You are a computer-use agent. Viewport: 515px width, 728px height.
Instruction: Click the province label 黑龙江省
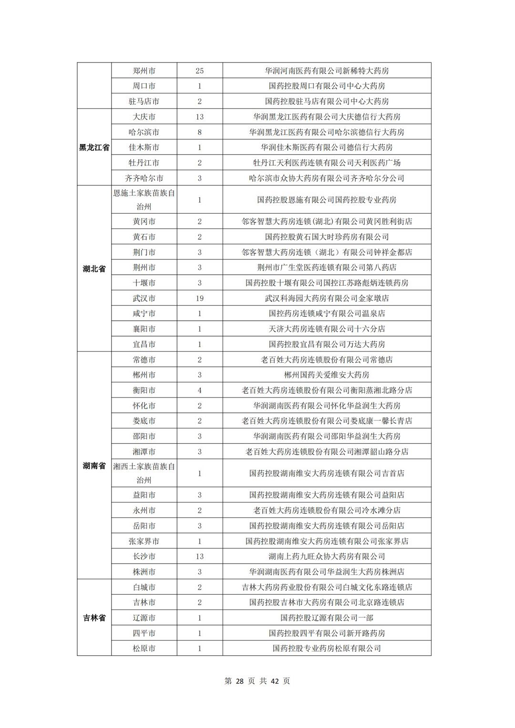[94, 147]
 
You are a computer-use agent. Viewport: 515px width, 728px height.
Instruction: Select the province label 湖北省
[94, 269]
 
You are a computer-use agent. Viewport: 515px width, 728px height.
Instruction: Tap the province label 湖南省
[94, 466]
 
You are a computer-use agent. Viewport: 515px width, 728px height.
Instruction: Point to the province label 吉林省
[94, 618]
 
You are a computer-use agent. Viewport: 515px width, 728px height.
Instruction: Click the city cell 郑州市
[144, 71]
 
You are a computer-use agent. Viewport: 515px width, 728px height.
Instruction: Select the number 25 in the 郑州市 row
[199, 71]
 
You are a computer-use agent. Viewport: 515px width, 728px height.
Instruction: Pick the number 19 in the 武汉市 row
[199, 298]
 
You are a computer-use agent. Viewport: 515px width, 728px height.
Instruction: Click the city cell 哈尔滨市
[144, 132]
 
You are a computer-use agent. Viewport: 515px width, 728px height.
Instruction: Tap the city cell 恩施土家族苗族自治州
[144, 200]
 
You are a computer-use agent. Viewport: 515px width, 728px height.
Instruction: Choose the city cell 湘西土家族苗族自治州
[144, 473]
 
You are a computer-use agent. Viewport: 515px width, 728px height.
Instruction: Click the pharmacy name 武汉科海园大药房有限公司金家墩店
[327, 298]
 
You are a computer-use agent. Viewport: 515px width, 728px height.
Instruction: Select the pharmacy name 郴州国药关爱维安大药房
[327, 375]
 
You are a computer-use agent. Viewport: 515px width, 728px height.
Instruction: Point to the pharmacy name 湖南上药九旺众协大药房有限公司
[327, 556]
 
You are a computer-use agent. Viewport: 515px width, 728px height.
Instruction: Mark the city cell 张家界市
[144, 541]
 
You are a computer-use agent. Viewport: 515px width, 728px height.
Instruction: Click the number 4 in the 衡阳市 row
[199, 390]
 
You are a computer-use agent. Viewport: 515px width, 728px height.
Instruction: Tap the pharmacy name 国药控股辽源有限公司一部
[327, 618]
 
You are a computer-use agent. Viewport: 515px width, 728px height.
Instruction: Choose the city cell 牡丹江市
[144, 163]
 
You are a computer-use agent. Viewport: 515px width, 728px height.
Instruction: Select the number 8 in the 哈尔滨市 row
[199, 132]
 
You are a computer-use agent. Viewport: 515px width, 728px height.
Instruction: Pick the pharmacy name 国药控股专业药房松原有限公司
[327, 648]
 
